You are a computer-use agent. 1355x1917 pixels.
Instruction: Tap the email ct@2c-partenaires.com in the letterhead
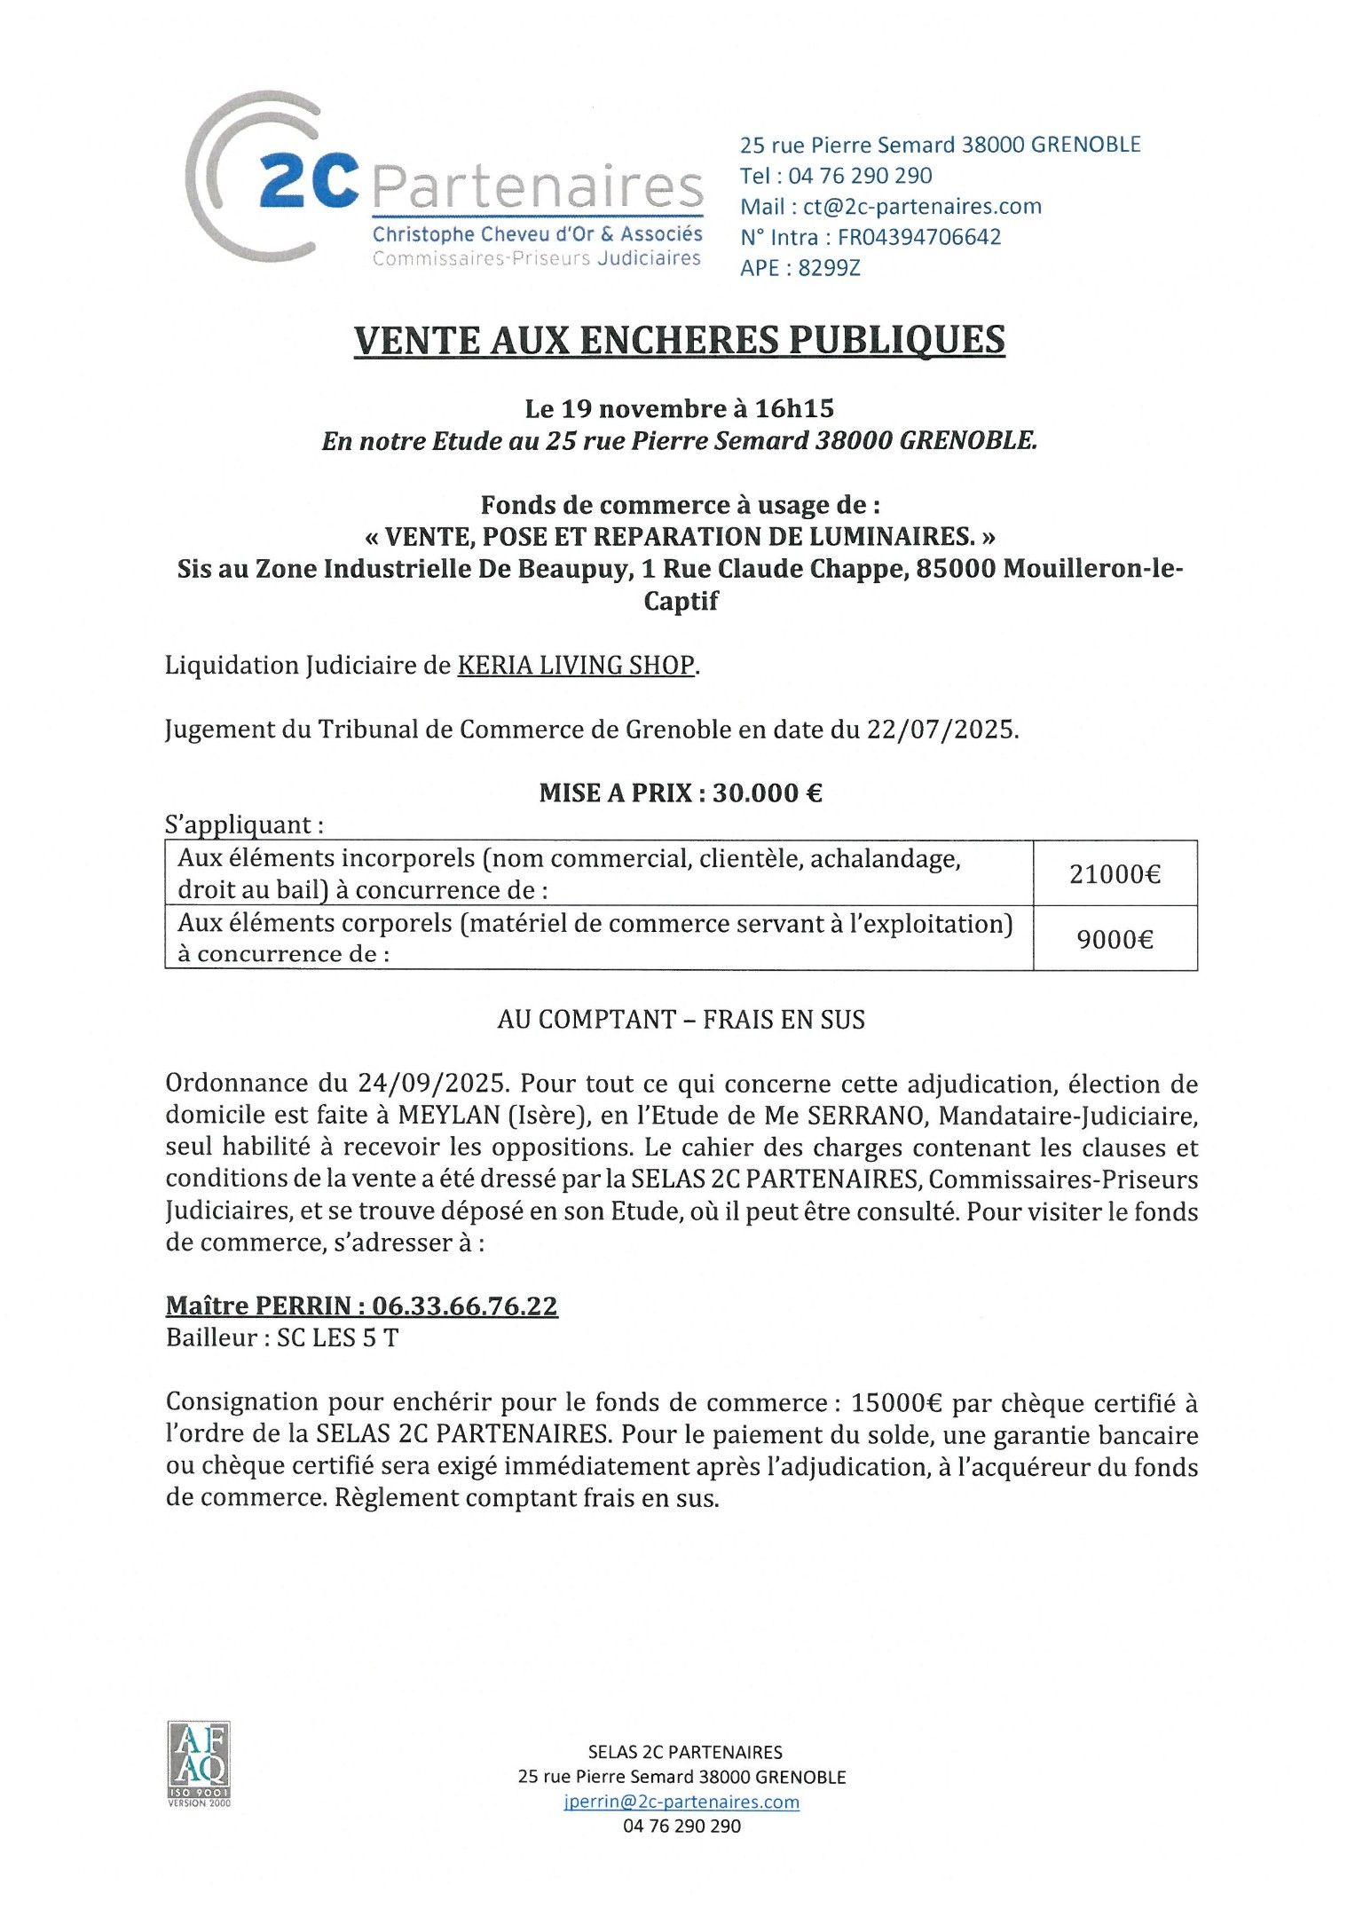922,207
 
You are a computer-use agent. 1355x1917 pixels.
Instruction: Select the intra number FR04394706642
919,237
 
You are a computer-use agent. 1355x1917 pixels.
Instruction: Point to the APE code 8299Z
829,268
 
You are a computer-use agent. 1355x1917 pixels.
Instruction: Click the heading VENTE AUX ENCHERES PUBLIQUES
679,341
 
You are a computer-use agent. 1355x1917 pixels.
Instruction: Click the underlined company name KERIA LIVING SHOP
576,666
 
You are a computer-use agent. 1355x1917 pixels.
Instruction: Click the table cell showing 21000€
1115,874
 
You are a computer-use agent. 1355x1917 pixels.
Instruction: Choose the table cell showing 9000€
1115,939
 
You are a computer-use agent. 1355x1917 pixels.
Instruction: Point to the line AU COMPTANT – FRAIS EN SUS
681,1020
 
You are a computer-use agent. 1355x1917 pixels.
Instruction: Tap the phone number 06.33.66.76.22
465,1306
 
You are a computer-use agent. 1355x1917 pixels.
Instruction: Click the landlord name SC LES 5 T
337,1337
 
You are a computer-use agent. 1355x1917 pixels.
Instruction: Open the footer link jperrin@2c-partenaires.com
681,1803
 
